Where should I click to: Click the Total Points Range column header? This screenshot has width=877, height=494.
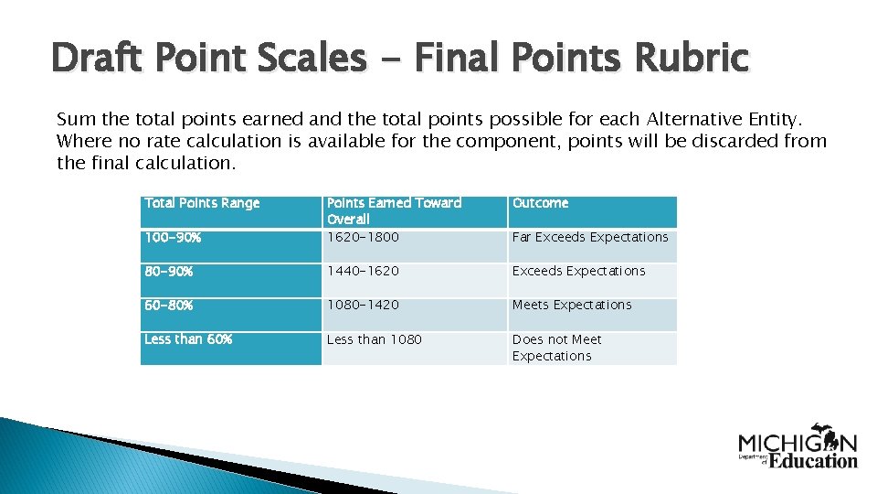[202, 203]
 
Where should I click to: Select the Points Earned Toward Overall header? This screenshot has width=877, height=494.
[394, 210]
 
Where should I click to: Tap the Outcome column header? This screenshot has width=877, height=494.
[540, 203]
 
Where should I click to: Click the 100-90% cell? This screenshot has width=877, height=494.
[173, 237]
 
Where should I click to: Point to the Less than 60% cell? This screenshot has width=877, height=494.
[188, 339]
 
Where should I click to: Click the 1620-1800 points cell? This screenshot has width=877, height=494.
[363, 237]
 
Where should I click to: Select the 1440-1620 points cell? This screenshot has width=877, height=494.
[363, 271]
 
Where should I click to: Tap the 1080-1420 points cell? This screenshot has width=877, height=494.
[363, 305]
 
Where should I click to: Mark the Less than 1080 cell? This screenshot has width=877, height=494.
[375, 339]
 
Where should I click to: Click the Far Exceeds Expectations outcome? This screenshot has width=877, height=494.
[590, 237]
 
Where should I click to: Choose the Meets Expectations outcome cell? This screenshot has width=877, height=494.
[572, 305]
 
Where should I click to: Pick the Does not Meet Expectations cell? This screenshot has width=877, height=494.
[557, 348]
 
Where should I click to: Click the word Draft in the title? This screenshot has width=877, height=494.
[97, 59]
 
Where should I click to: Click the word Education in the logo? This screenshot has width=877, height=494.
[813, 460]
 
